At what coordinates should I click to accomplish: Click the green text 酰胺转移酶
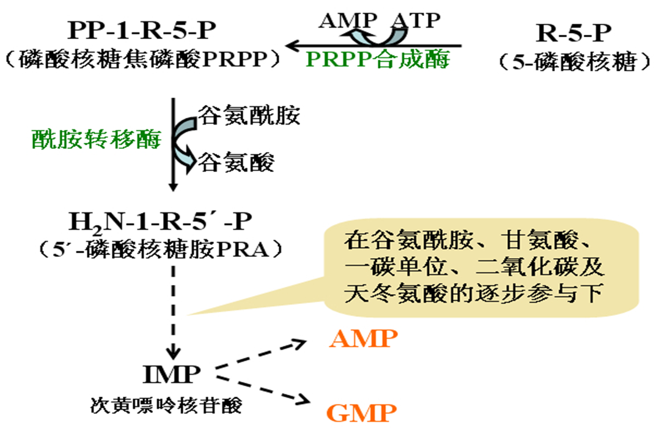pos(97,140)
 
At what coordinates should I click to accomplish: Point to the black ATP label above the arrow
pos(417,21)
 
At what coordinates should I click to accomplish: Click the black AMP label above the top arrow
pos(348,21)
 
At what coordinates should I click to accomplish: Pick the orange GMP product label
pos(362,413)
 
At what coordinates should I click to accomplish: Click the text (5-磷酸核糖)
pos(574,62)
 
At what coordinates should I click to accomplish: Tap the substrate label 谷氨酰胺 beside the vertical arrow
pos(248,114)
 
